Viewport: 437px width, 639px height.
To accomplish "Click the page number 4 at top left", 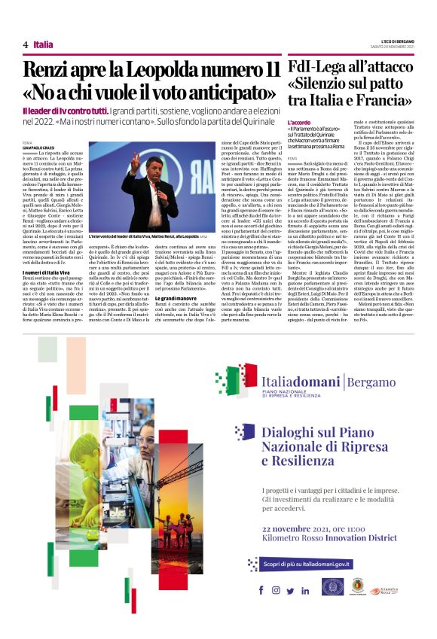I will [26, 45].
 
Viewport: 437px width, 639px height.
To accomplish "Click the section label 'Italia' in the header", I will [43, 45].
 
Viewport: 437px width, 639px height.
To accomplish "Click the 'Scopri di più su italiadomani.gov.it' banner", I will [310, 564].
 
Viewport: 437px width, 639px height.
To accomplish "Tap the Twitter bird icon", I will [289, 590].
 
